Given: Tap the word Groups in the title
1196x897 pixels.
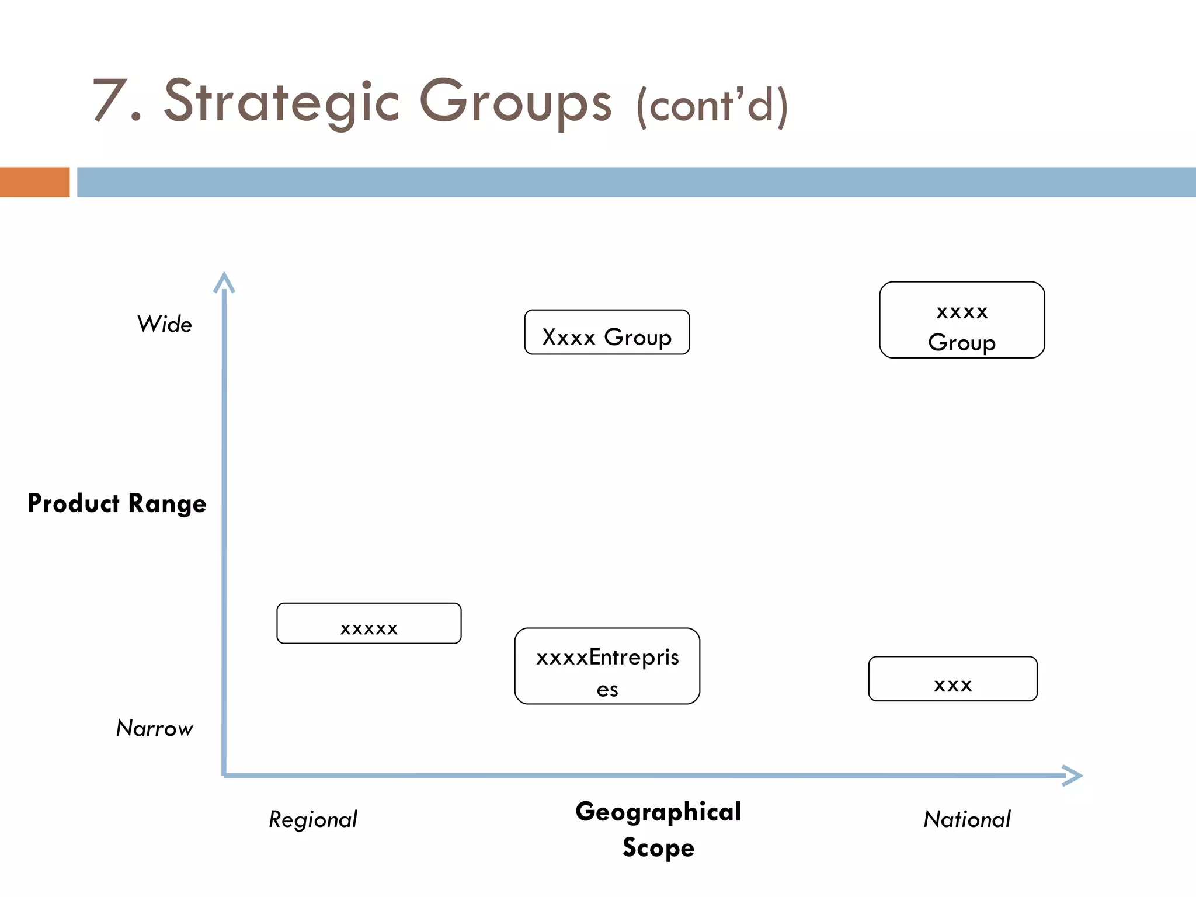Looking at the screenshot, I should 516,102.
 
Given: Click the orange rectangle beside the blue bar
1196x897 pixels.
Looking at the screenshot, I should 34,182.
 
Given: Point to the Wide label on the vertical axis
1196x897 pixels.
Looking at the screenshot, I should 164,324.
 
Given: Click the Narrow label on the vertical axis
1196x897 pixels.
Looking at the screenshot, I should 154,728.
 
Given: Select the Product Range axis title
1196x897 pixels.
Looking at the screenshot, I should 117,503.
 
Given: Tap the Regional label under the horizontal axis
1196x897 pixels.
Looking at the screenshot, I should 313,819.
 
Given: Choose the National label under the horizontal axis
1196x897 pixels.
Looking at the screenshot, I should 967,819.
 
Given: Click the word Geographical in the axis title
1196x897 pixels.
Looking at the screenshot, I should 658,812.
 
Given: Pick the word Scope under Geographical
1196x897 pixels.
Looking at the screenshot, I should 658,847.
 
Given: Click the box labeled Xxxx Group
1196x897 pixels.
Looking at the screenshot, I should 607,332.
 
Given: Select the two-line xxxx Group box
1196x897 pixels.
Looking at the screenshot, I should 962,320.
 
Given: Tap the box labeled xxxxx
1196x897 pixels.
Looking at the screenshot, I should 368,623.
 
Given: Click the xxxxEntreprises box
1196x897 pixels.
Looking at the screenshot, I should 607,666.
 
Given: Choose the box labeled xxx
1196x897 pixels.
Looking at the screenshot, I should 952,679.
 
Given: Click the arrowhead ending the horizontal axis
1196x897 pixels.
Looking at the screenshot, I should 1073,776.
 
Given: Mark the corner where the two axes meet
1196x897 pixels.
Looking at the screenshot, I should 224,775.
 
